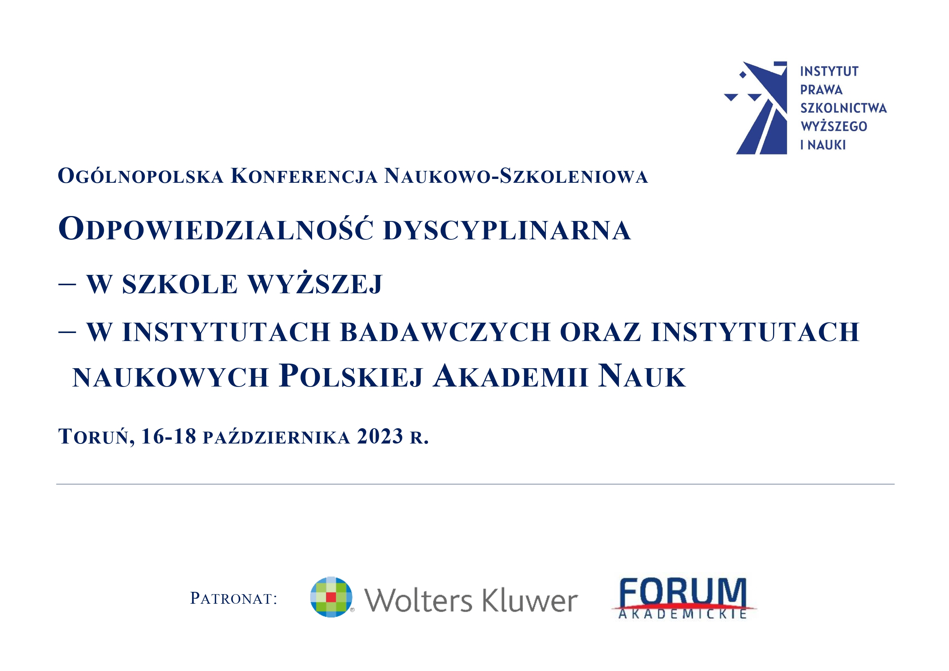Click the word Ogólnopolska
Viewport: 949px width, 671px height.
click(x=140, y=176)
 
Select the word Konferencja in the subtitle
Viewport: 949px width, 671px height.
click(x=304, y=175)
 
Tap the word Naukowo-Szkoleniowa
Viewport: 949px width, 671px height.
click(x=516, y=175)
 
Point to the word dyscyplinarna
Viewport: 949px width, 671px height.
click(x=507, y=230)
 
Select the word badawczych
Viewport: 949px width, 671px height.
click(x=445, y=332)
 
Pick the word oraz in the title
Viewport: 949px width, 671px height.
click(x=600, y=332)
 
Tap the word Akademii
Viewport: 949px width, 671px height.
click(x=511, y=376)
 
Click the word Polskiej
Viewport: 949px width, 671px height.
click(x=351, y=376)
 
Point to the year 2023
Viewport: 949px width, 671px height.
click(x=380, y=436)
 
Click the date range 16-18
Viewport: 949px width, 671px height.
click(x=169, y=436)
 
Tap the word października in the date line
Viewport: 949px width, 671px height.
click(x=277, y=437)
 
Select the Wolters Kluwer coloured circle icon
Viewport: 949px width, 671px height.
click(x=331, y=597)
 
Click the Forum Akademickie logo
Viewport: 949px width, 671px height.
click(x=684, y=598)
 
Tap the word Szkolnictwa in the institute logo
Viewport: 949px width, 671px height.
click(x=843, y=108)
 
